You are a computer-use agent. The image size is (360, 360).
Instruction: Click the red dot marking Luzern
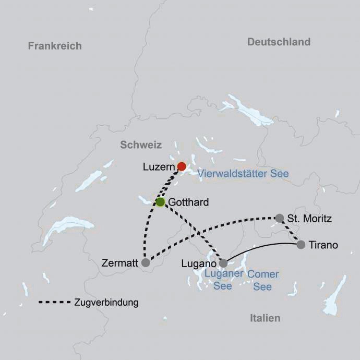182,166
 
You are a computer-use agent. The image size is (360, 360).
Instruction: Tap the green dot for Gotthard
160,202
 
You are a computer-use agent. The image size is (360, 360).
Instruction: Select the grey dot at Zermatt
146,263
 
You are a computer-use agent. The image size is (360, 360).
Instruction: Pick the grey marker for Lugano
223,263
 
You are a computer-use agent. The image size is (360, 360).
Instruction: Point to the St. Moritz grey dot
280,218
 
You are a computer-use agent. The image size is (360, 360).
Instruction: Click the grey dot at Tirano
301,244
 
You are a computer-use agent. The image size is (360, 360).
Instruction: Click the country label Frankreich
55,46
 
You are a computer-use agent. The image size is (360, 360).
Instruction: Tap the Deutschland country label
279,42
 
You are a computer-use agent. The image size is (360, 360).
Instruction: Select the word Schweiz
141,145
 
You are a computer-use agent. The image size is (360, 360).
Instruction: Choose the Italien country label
265,318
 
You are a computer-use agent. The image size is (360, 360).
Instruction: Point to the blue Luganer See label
223,280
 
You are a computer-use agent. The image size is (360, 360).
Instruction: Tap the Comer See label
262,280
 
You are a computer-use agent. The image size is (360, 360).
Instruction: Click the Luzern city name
158,167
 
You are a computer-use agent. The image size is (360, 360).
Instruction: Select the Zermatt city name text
121,263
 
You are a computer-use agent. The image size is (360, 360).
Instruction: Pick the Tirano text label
323,245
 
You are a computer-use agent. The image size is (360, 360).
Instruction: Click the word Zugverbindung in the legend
106,303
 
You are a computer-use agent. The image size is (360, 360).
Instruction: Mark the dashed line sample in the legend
54,302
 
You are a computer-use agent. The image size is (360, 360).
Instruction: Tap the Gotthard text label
189,202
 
